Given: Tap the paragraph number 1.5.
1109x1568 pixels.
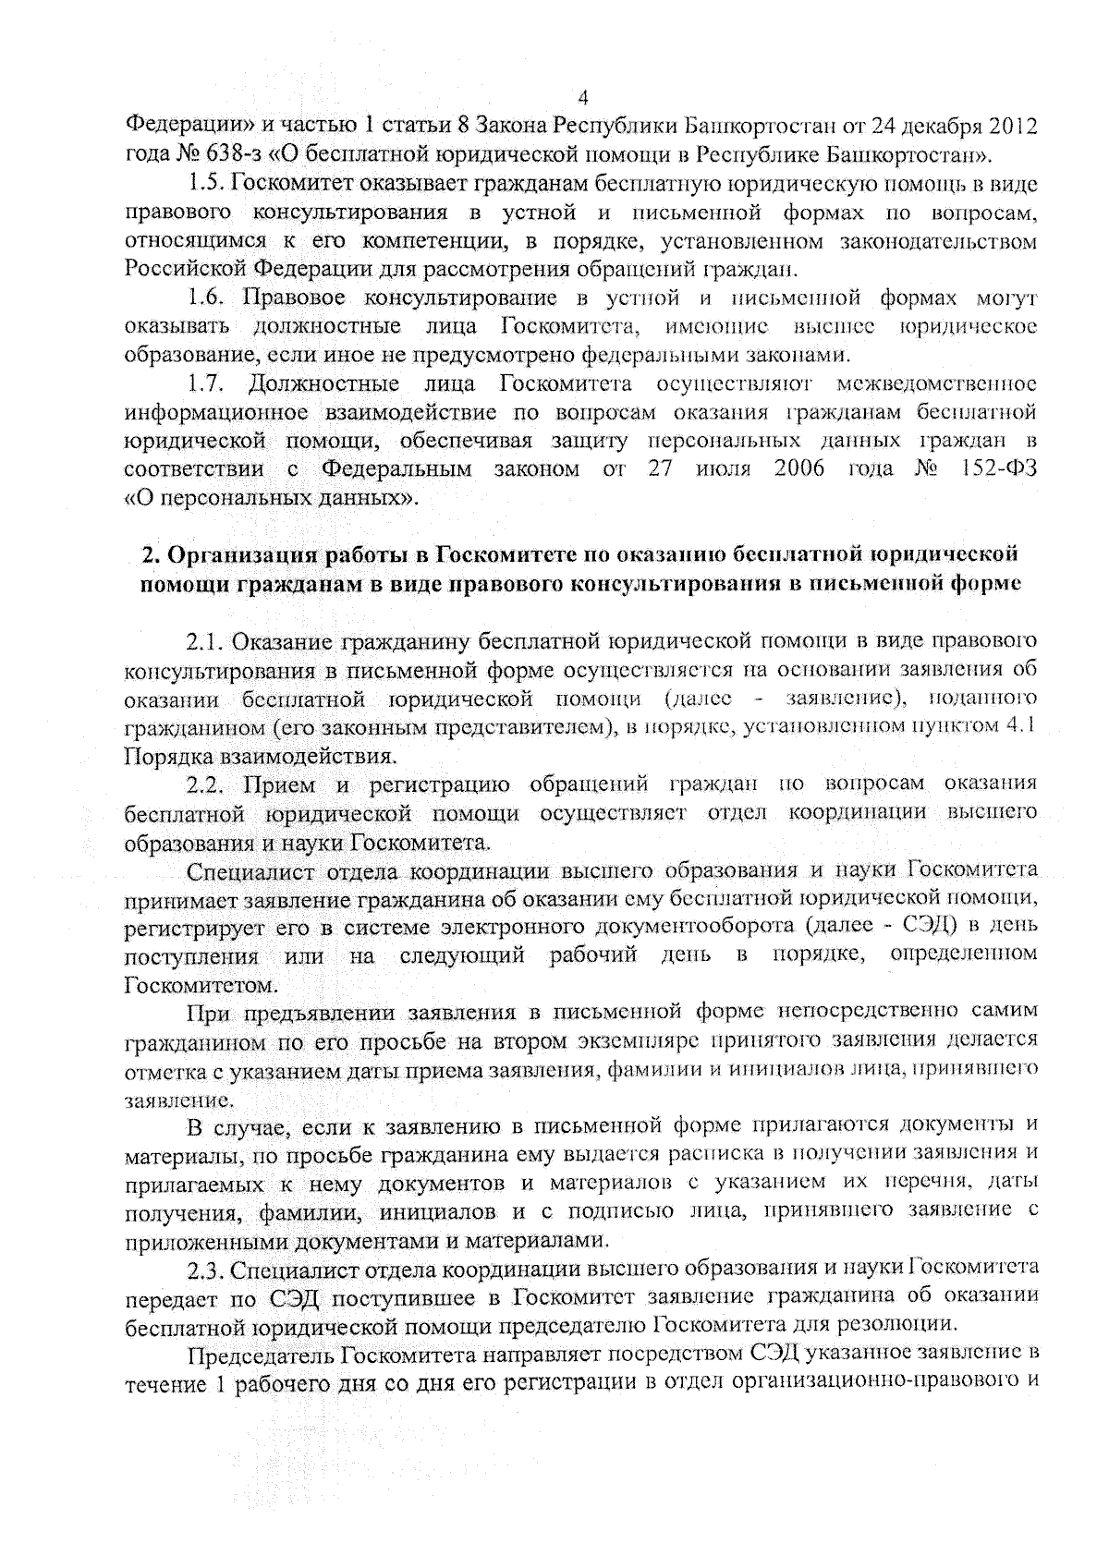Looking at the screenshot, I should tap(207, 184).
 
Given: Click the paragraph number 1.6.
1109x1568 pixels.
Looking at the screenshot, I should tap(207, 298).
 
